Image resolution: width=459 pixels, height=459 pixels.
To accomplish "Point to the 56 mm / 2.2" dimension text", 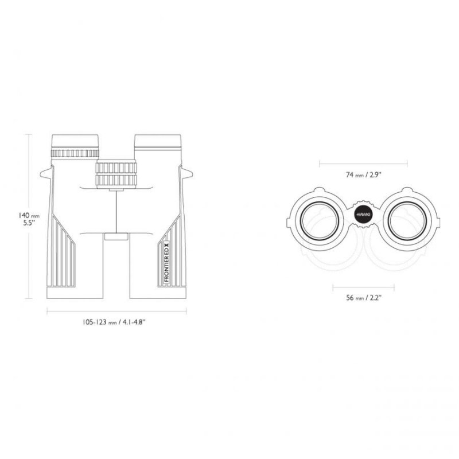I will (363, 298).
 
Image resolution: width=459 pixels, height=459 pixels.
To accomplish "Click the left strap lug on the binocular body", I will (45, 173).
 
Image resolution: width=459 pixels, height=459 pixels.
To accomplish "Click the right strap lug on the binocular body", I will (187, 173).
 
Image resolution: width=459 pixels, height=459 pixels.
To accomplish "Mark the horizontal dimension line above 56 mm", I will (363, 286).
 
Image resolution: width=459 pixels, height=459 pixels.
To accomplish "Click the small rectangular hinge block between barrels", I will (116, 236).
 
